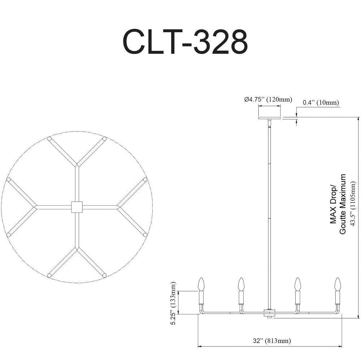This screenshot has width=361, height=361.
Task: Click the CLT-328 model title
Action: [185, 42]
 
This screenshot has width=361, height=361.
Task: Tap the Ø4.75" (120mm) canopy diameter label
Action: [268, 100]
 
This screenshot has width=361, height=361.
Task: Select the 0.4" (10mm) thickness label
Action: [321, 103]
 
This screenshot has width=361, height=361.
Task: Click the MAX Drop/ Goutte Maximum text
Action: [338, 204]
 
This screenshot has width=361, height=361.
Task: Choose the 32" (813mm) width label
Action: [272, 340]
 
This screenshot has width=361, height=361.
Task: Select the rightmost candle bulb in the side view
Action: [338, 284]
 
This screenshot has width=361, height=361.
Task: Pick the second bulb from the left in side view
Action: [241, 284]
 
